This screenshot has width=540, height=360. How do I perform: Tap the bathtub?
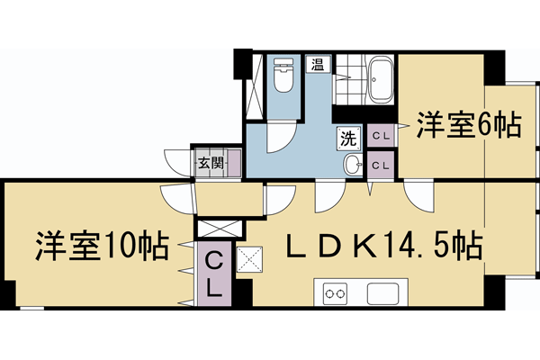(x=382, y=79)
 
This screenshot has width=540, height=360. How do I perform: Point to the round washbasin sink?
(x=353, y=164)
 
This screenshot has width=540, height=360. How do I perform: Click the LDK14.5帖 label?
(x=382, y=244)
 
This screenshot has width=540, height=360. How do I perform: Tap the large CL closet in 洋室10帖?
(x=215, y=274)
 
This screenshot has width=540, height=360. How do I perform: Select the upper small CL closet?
(x=381, y=136)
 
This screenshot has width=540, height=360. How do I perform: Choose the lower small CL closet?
(x=381, y=165)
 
